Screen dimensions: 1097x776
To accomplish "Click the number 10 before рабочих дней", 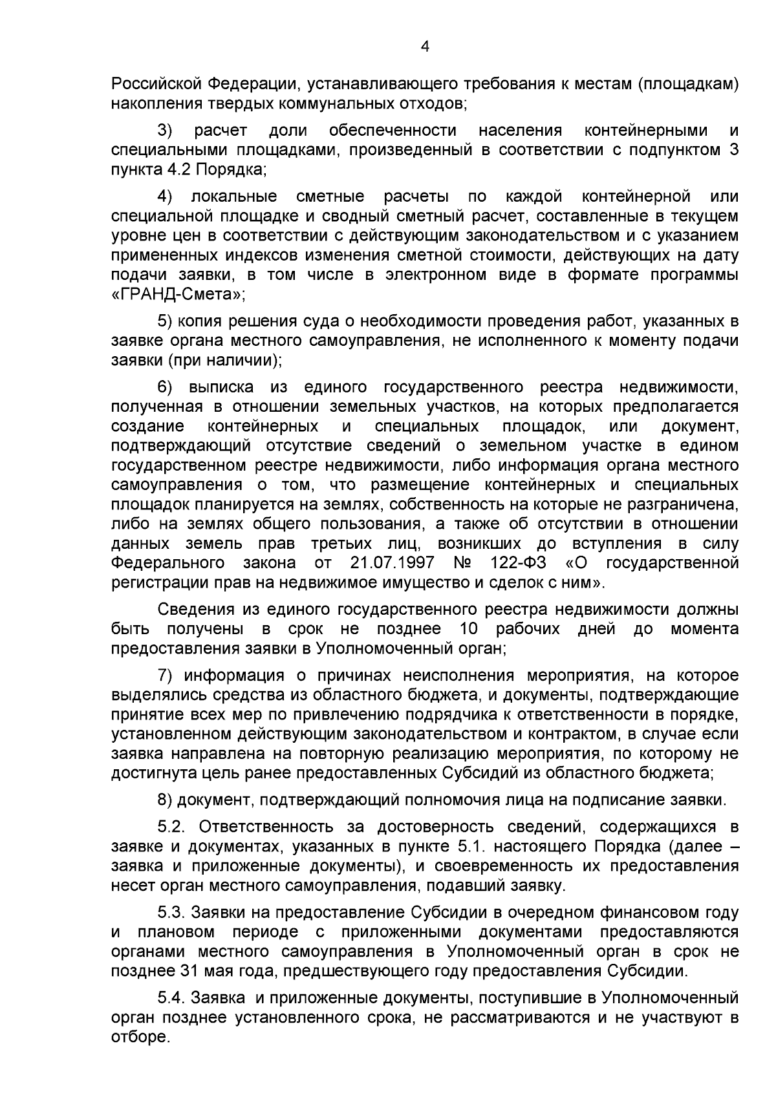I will point(469,628).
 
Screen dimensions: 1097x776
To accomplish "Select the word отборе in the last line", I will point(138,1037).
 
